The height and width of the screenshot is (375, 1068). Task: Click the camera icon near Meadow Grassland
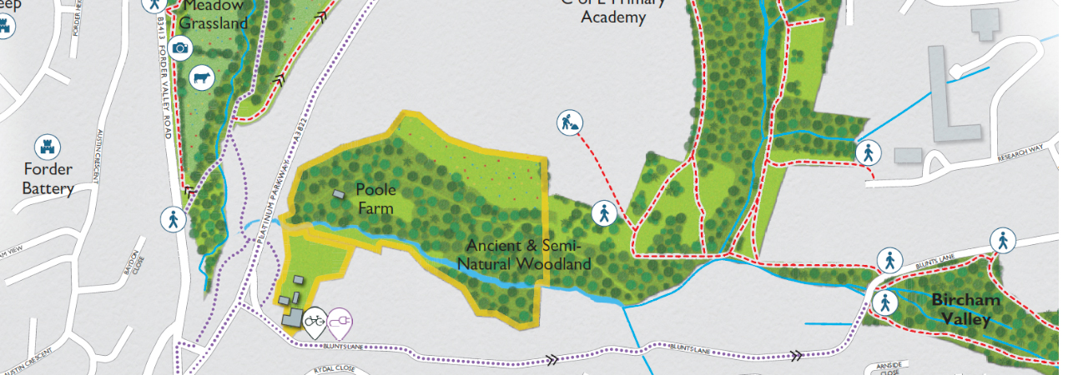pos(179,48)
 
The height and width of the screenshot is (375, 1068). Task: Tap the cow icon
pos(201,79)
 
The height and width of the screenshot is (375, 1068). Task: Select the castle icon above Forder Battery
pos(48,147)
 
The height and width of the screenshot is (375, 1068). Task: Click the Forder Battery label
pos(48,178)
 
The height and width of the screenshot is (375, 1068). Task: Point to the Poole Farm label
pos(375,198)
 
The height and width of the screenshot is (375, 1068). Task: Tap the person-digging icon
pos(570,123)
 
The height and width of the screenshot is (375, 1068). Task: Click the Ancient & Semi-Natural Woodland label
pos(528,255)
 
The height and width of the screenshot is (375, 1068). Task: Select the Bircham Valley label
pos(960,308)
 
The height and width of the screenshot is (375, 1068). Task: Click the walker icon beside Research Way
pos(868,152)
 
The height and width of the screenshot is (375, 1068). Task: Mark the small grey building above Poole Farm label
pos(338,193)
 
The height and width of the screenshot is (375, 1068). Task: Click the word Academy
pos(614,17)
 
